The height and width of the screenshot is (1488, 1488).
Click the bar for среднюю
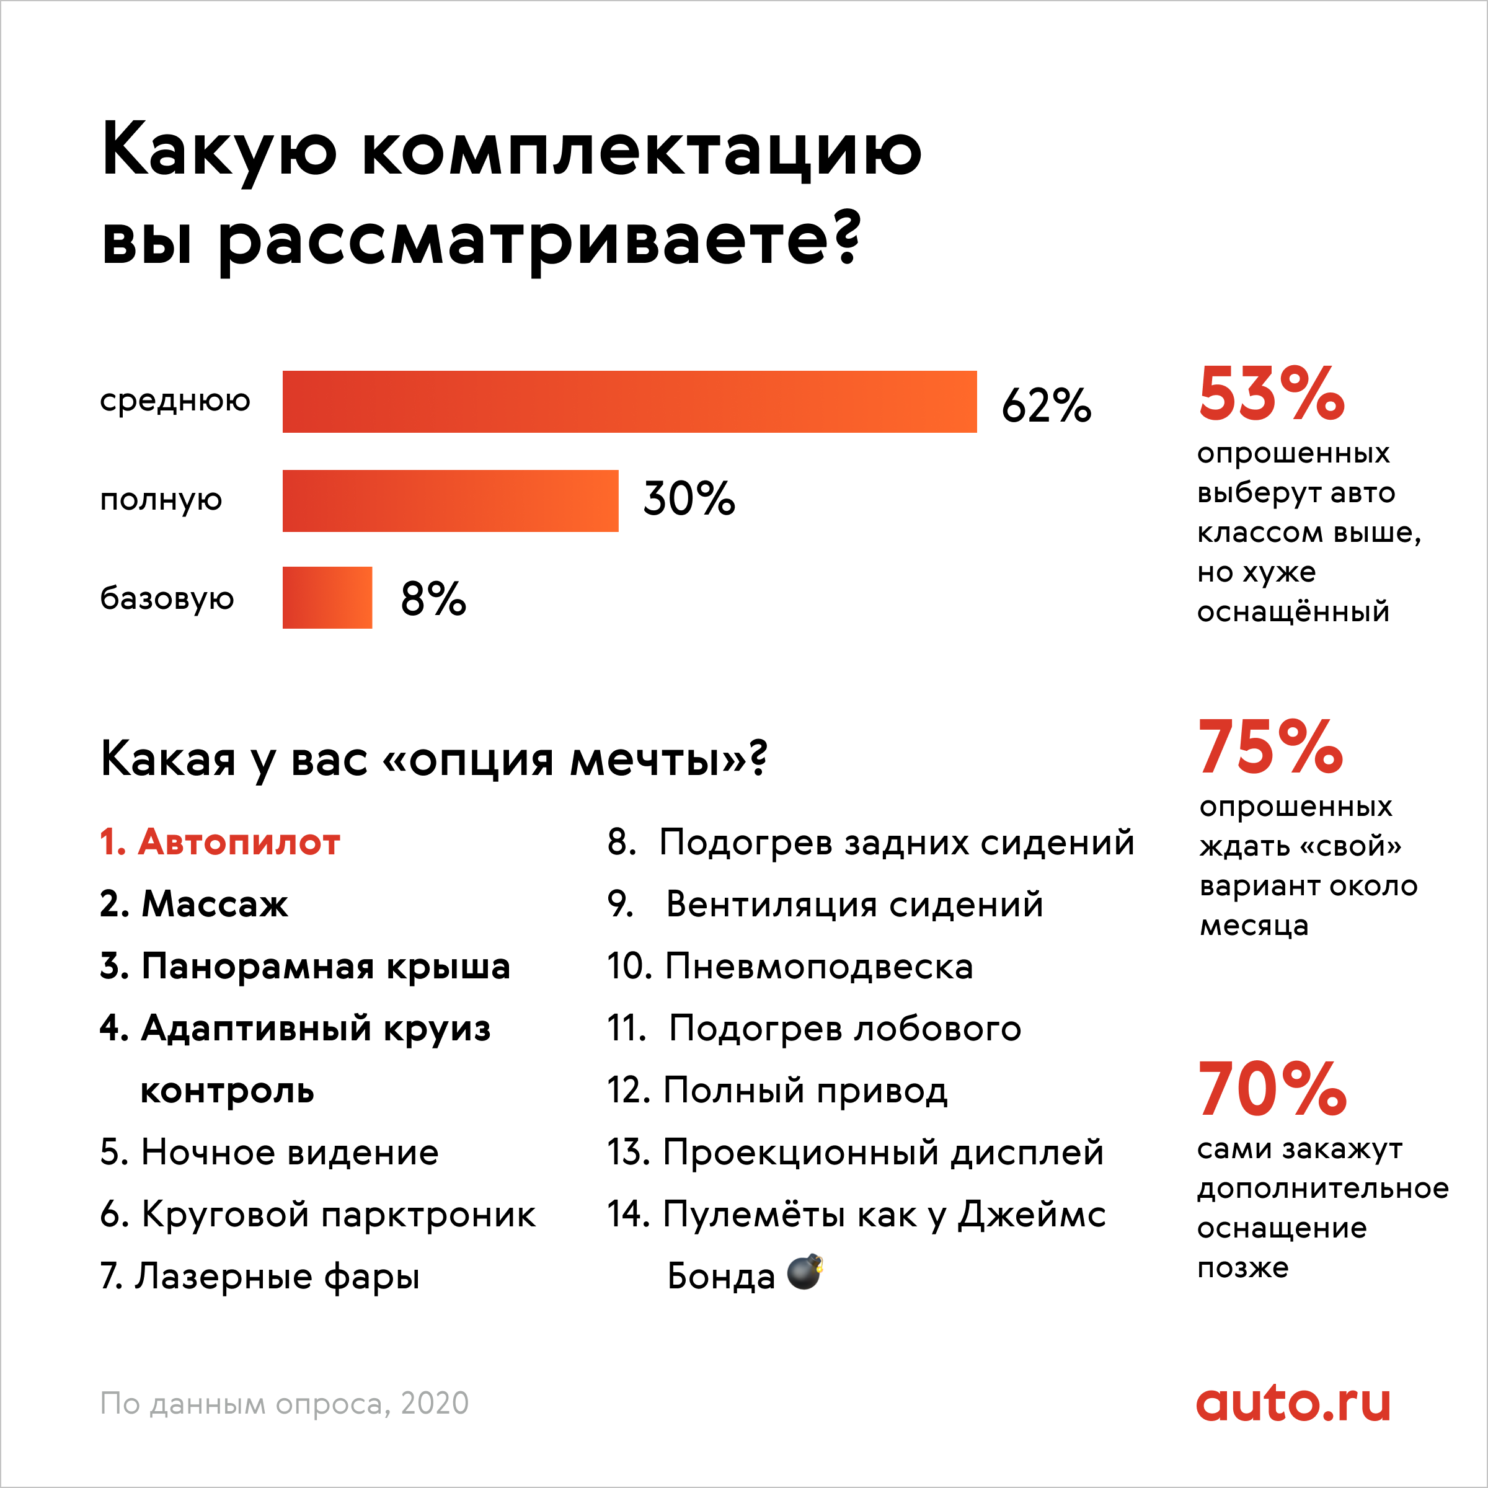[x=629, y=401]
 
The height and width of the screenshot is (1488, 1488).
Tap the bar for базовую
[x=327, y=598]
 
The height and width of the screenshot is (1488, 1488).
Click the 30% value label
[x=689, y=498]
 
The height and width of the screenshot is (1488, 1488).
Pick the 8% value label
[x=433, y=598]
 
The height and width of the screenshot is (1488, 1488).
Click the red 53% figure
[x=1271, y=394]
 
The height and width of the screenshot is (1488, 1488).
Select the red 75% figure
[x=1271, y=746]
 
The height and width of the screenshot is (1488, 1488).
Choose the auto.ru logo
[x=1293, y=1404]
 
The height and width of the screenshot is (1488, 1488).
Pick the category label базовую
[x=167, y=598]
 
